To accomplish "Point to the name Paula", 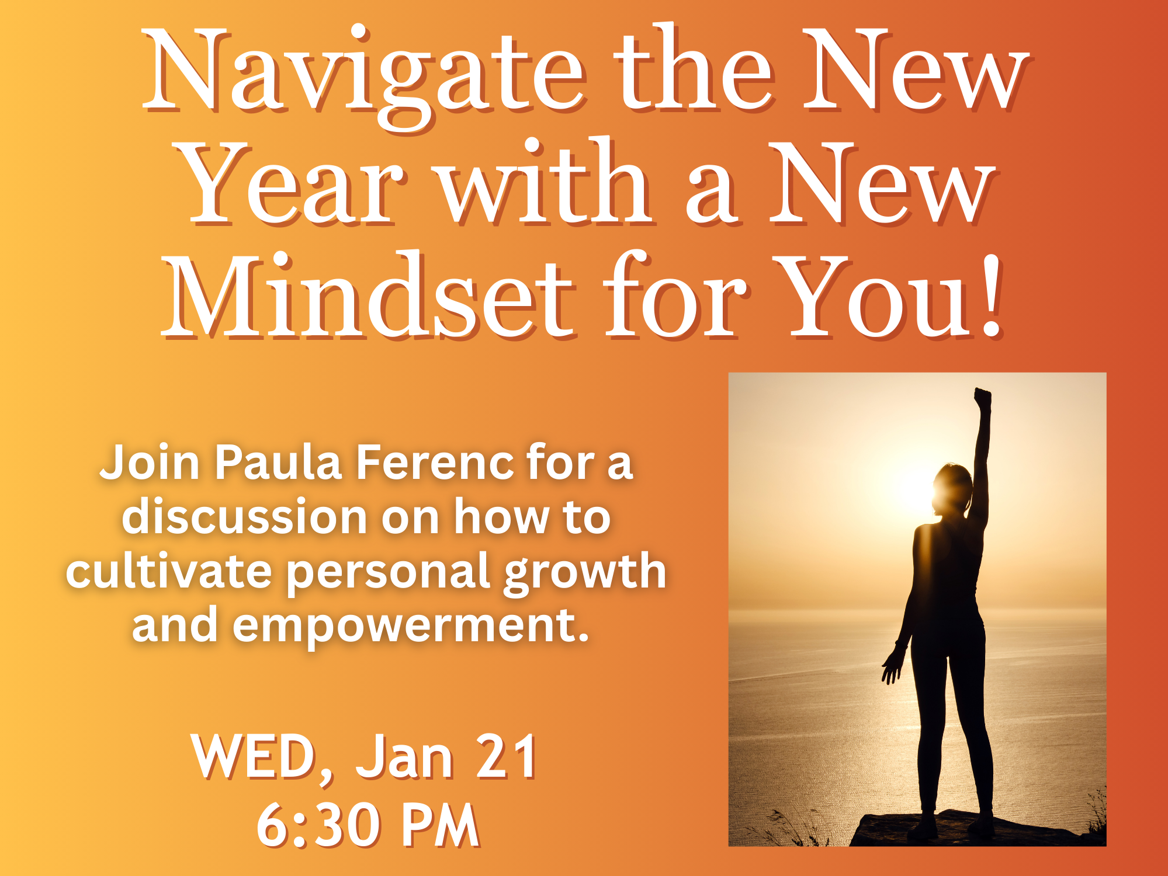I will click(278, 463).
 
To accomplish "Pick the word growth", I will click(585, 572).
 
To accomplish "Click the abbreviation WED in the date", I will click(254, 757).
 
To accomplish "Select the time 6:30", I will click(318, 825).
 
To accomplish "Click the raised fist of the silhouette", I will click(983, 398).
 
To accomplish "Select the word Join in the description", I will click(150, 463).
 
